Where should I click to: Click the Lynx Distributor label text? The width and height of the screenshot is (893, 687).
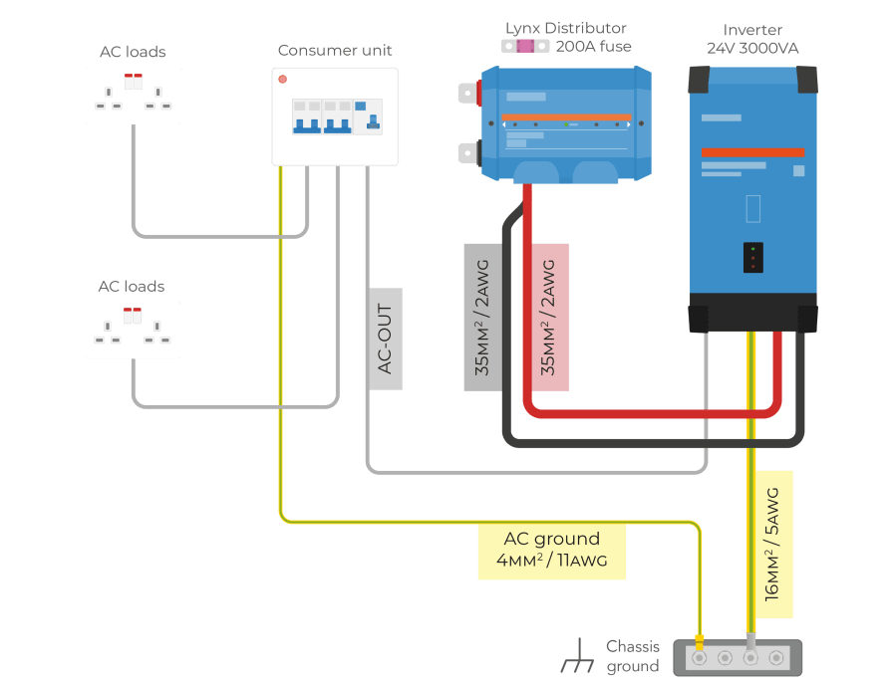tap(565, 28)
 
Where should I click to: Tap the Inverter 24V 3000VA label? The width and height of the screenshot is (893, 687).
tap(752, 39)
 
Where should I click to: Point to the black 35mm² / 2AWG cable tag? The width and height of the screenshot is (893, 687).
tap(482, 317)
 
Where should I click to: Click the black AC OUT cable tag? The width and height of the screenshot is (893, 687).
tap(386, 339)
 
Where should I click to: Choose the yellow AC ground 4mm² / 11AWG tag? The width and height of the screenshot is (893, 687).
tap(552, 551)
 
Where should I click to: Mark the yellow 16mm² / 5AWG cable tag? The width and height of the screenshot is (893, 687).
tap(773, 544)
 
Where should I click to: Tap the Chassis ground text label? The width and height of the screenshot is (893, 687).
tap(633, 656)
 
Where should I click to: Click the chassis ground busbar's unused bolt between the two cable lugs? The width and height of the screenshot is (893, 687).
tap(725, 658)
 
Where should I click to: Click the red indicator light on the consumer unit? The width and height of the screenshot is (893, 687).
tap(283, 79)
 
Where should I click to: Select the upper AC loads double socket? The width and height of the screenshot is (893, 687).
tap(134, 96)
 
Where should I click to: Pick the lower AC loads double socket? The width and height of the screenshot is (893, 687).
tap(133, 330)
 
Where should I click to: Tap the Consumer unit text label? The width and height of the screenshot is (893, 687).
tap(335, 50)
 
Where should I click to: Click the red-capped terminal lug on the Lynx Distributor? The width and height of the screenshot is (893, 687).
tap(468, 93)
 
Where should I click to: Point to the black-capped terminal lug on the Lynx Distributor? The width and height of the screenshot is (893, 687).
tap(468, 152)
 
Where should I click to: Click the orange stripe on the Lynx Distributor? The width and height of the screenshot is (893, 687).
tap(566, 117)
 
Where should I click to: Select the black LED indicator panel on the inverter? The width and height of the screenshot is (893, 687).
tap(753, 257)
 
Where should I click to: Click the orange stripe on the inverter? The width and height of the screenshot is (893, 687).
tap(751, 152)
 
